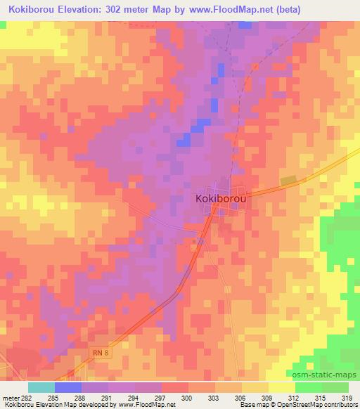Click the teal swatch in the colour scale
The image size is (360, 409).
tap(41, 387)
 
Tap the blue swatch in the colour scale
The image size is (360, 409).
tap(68, 387)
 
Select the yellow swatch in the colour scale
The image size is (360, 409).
tap(282, 387)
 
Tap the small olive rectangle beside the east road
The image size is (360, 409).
tap(288, 181)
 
